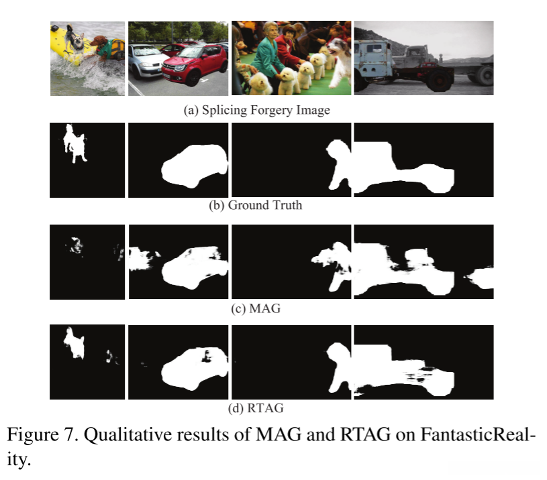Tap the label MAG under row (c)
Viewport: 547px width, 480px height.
[x=265, y=308]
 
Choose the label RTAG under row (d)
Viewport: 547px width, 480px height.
[x=265, y=408]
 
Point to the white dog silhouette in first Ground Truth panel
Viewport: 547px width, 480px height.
[x=74, y=143]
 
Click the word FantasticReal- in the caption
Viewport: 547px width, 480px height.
[x=478, y=435]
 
